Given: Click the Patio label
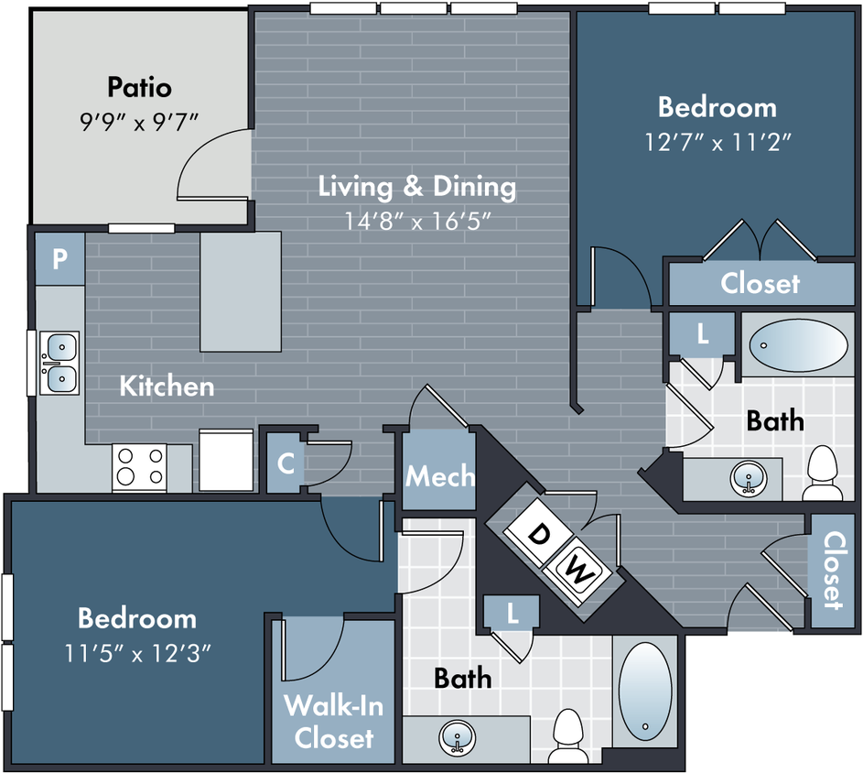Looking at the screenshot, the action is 139,87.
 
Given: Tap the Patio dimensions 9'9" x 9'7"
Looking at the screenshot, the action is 139,122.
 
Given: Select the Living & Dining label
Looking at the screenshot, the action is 417,187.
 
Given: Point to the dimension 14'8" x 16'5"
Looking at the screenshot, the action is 417,222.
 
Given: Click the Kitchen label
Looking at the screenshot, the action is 167,386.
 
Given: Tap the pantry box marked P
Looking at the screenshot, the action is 60,258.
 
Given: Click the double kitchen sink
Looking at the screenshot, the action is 59,363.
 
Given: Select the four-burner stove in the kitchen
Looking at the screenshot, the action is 140,466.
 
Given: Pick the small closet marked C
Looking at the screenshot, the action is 285,463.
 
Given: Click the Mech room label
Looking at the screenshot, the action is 440,476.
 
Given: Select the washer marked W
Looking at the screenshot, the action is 577,571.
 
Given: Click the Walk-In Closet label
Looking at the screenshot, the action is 333,722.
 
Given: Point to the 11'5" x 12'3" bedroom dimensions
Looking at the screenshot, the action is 137,653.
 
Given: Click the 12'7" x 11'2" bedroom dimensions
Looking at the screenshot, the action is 717,142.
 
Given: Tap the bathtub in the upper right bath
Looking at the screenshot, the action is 799,345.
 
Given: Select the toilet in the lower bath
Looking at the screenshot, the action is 568,735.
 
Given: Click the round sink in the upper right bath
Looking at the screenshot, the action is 749,478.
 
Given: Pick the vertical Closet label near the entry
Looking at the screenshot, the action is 834,571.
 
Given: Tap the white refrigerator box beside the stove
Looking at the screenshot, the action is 226,460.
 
